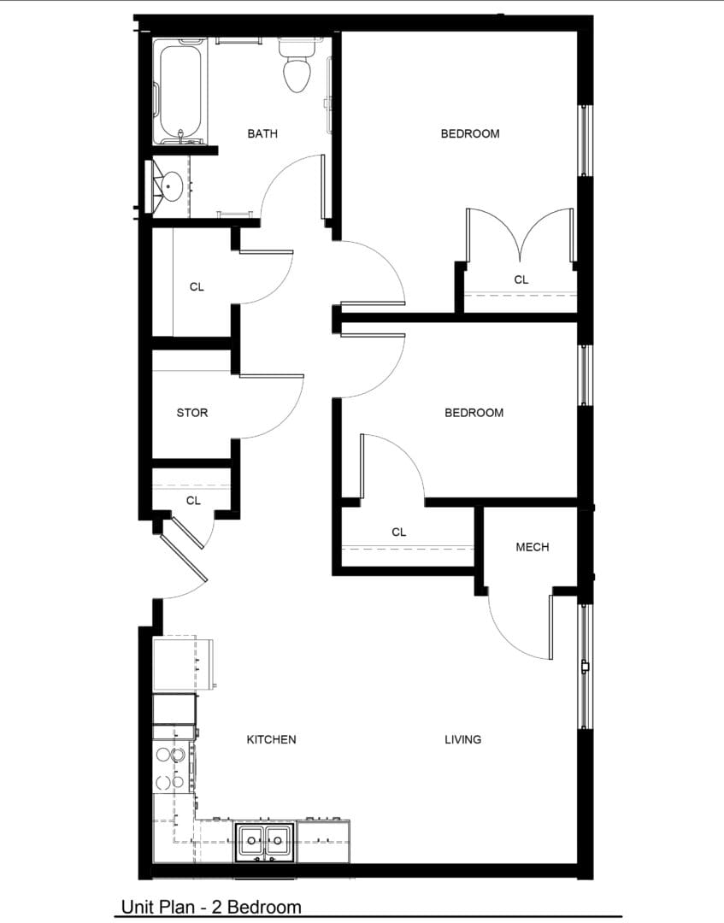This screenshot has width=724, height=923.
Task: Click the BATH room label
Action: [262, 133]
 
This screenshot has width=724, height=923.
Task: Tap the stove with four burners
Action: [172, 767]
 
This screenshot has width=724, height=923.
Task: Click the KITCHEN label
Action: [271, 739]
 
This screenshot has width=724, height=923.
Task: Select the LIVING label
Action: [462, 739]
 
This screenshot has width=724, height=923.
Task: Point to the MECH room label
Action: [532, 547]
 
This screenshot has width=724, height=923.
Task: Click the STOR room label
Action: [192, 413]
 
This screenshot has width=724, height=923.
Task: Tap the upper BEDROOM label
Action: [470, 133]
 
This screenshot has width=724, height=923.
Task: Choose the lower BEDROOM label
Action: [474, 413]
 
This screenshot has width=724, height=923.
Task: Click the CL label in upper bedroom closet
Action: [521, 279]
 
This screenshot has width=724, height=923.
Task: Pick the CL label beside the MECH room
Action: [398, 532]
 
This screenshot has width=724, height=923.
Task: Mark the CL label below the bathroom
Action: [197, 287]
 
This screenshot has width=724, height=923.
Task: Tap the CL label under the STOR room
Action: [193, 501]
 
